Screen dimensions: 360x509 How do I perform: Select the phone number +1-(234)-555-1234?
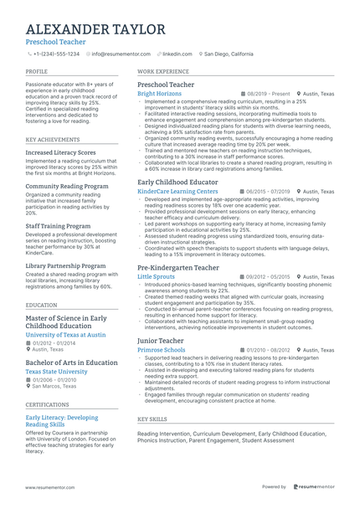coord(56,54)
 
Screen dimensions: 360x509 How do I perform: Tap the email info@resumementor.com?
coord(121,54)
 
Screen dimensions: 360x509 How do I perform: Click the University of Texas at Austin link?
coord(65,334)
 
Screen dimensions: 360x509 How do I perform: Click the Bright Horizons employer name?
coord(159,94)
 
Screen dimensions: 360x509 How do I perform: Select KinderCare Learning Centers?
coord(177,191)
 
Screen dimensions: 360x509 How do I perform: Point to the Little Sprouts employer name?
coord(156,275)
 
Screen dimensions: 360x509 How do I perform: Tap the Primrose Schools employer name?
coord(161,350)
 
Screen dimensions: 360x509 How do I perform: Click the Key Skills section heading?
coord(152,418)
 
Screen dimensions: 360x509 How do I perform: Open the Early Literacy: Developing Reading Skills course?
coord(62,421)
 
